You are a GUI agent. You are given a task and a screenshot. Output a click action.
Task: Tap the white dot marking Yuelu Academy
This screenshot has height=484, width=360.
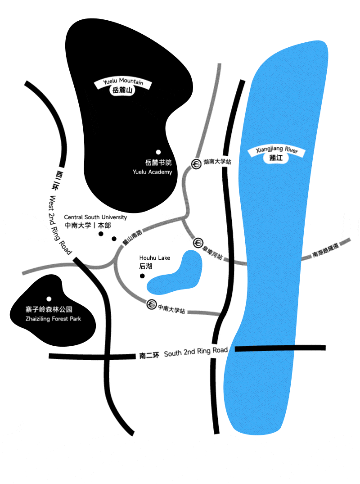158,152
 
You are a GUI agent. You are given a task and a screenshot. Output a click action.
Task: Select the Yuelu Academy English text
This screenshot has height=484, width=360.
152,172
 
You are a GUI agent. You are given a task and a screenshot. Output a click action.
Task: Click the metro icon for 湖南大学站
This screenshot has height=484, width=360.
197,164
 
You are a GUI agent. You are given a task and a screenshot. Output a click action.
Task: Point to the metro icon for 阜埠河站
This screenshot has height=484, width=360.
198,243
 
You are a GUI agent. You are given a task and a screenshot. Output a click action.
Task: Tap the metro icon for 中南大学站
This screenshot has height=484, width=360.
152,305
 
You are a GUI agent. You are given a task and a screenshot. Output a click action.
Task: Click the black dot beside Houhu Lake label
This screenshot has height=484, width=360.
143,276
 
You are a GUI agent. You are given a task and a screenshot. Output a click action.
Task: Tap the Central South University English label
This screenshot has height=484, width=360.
95,217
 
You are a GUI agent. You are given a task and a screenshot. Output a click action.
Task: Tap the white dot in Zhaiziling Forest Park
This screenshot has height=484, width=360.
49,299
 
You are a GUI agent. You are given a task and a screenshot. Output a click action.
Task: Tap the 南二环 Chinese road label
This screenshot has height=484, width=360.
149,356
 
